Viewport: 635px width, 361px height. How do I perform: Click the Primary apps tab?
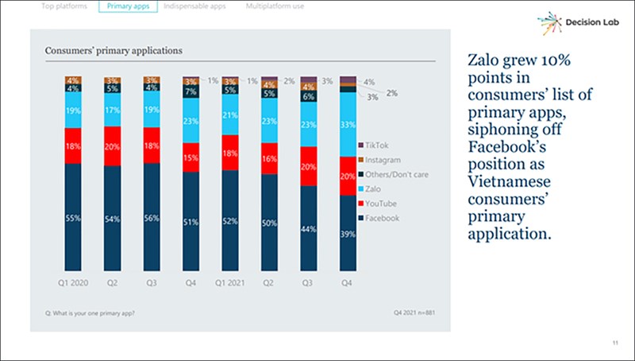click(x=125, y=6)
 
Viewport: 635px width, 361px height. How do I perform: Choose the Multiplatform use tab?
click(x=275, y=6)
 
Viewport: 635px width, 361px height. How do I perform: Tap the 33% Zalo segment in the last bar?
click(x=347, y=125)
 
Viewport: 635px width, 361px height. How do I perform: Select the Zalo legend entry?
click(x=378, y=188)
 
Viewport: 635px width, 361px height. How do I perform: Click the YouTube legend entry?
click(x=384, y=203)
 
